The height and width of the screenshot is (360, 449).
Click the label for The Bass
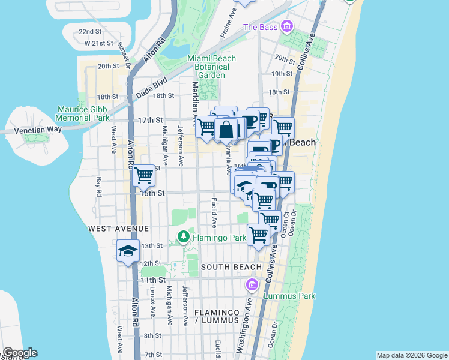[260, 28]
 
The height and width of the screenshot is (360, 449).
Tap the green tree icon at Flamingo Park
[182, 238]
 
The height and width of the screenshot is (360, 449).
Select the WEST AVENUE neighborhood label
[118, 229]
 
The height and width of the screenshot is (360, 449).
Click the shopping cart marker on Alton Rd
[144, 176]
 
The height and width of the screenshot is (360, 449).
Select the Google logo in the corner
[20, 353]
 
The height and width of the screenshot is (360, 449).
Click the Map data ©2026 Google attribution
[412, 355]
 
